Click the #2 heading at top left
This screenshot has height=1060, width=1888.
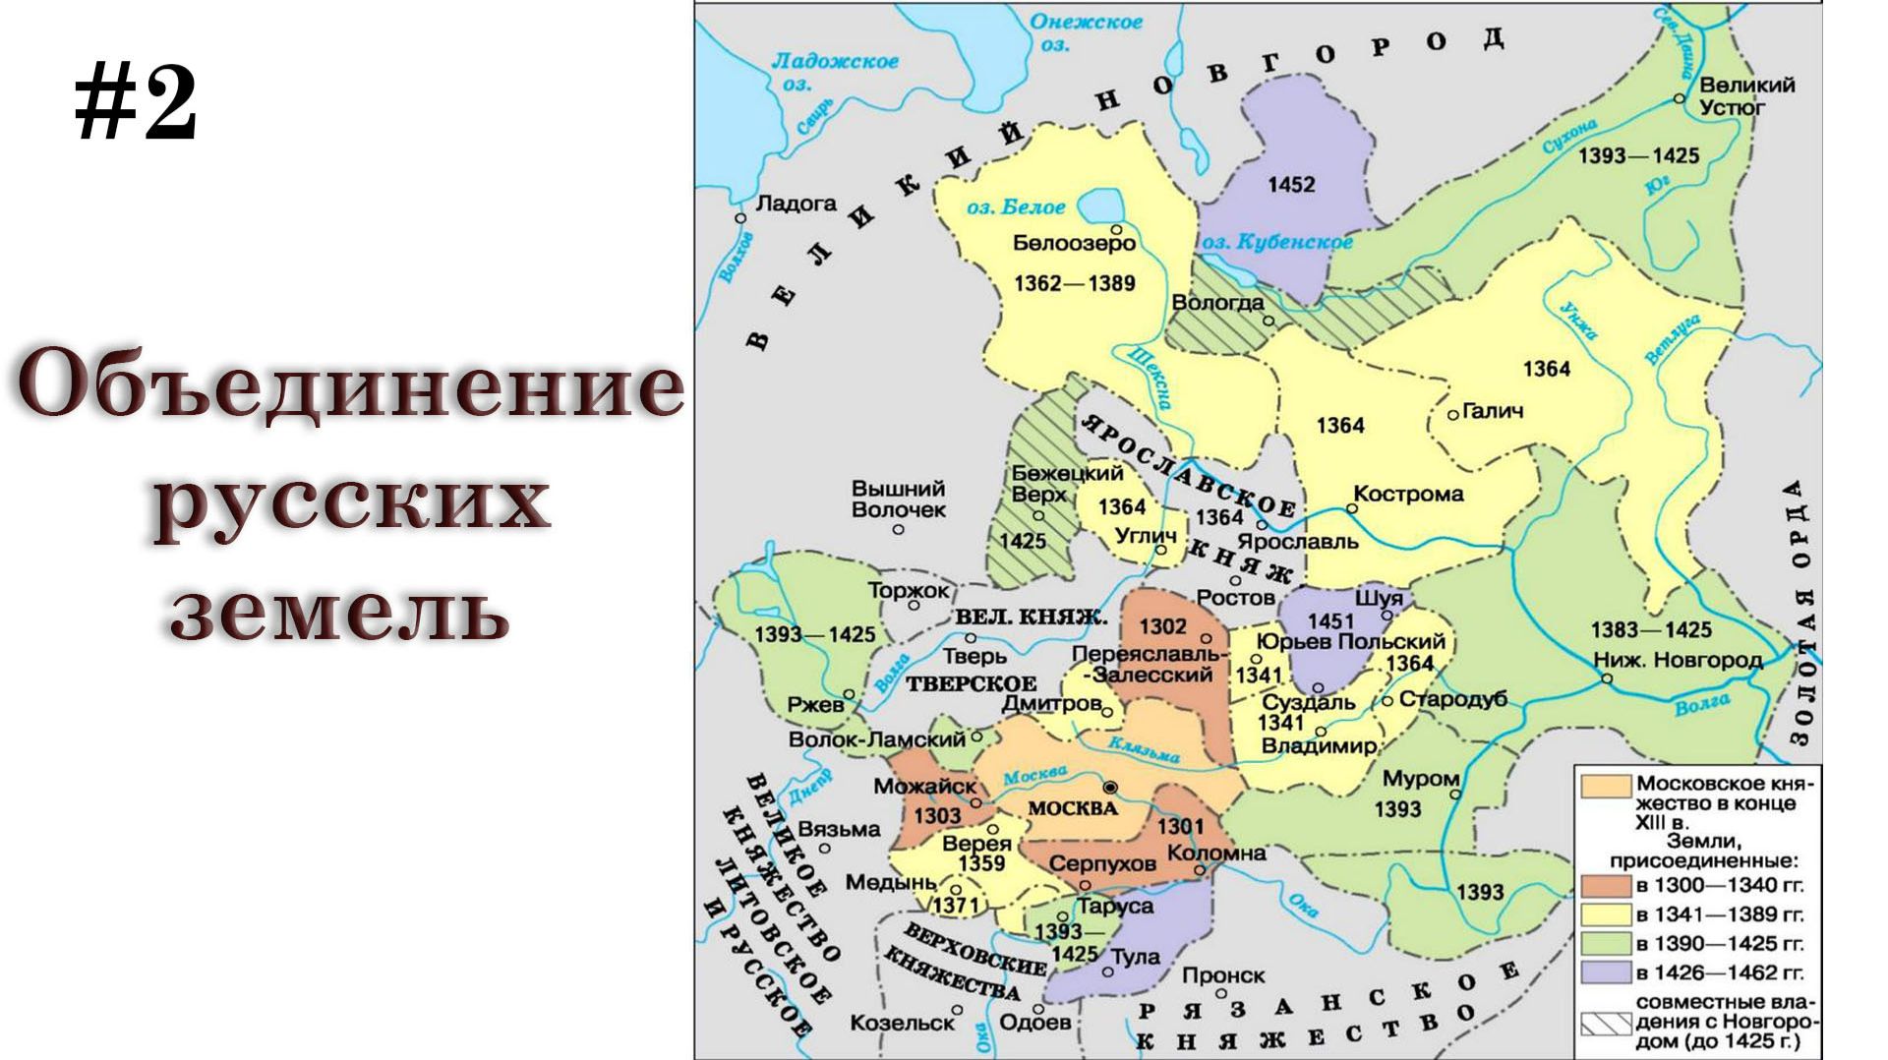(x=137, y=106)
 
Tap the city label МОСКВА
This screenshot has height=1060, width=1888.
(x=1073, y=808)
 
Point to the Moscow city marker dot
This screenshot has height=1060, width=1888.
(x=1110, y=787)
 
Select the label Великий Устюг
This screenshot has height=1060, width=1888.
(x=1746, y=95)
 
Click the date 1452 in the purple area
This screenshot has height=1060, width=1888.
(x=1291, y=185)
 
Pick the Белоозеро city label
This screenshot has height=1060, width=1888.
(x=1074, y=243)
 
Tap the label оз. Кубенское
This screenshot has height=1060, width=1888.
(x=1276, y=242)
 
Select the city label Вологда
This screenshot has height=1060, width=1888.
(x=1217, y=303)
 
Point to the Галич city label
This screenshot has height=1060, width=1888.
(x=1492, y=411)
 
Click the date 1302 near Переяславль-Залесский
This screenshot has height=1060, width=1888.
(x=1162, y=625)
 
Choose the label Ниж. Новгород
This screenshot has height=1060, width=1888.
(x=1690, y=660)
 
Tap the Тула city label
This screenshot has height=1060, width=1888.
(x=1135, y=957)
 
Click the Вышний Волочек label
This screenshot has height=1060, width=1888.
(x=898, y=499)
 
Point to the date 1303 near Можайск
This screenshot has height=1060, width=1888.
(x=936, y=816)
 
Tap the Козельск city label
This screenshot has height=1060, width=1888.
(x=902, y=1023)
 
